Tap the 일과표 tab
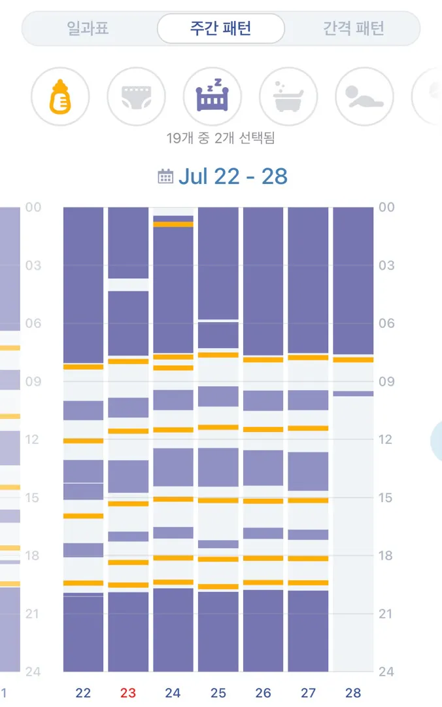[88, 28]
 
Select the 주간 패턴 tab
[221, 28]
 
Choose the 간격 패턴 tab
[354, 28]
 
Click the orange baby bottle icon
[60, 96]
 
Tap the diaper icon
[136, 96]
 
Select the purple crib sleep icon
[212, 96]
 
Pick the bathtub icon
[288, 96]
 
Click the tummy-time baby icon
[364, 96]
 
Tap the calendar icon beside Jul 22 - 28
[165, 176]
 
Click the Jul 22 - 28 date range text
[233, 176]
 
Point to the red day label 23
[128, 693]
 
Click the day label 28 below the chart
[353, 693]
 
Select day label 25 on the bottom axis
[218, 693]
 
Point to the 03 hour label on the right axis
[386, 265]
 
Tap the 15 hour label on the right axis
[385, 498]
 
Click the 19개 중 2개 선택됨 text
[221, 138]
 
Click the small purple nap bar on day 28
[353, 393]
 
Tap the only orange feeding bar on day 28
[353, 359]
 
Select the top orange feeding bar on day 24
[173, 224]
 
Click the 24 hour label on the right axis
[386, 672]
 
